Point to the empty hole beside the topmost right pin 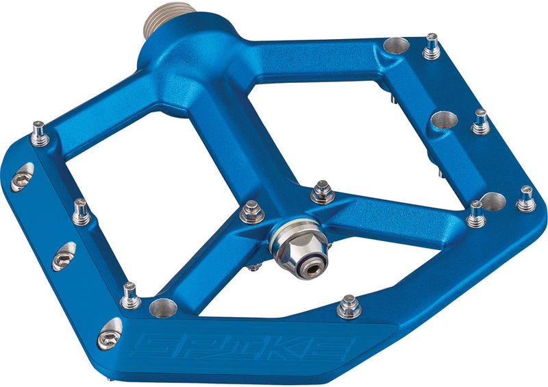coord(397,46)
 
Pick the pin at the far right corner coord(525,199)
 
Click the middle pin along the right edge coord(482,122)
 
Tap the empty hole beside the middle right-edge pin coord(445,121)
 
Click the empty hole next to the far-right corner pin coord(493,201)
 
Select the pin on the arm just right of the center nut coord(323,192)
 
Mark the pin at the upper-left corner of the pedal coord(40,133)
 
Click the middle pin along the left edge coord(81,212)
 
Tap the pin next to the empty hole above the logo coord(129,295)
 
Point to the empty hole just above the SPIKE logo coord(162,308)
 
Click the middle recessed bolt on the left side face coord(64,255)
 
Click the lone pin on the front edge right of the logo coord(349,308)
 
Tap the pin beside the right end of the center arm coord(475,214)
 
